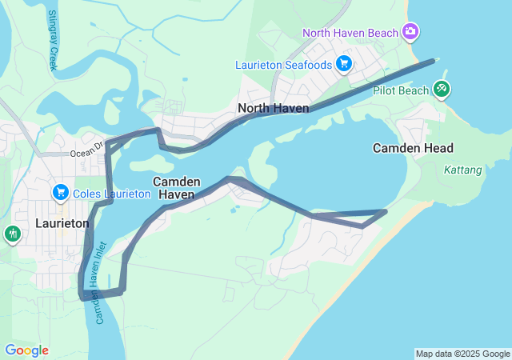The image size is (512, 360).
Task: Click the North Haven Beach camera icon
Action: coord(410,31)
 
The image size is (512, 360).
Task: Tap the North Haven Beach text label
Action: coord(350,32)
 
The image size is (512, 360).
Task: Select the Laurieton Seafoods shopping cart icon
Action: coord(344,63)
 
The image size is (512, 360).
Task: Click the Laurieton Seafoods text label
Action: coord(284,64)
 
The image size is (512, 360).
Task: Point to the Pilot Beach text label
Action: coord(402,90)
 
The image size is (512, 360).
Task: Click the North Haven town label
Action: coord(274,108)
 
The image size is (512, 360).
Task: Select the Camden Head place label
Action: coord(413,148)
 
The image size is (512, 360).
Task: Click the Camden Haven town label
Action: coord(176,188)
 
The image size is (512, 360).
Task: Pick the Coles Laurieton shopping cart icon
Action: coord(60,193)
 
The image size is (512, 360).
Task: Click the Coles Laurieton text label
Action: coord(111,194)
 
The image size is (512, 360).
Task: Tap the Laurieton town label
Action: coord(62,223)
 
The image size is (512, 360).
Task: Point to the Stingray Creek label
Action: coord(53,40)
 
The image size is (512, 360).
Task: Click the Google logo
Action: coord(26,350)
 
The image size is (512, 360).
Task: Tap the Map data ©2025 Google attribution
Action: coord(462,354)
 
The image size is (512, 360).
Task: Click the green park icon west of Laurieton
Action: coord(12,234)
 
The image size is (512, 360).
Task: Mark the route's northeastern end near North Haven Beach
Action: coord(433,61)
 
